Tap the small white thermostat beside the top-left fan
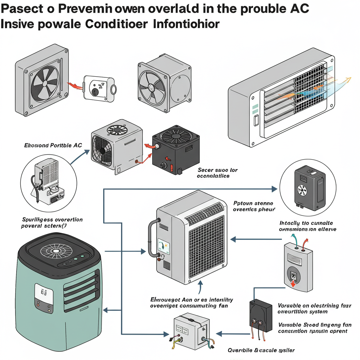98,86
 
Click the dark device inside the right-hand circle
310,186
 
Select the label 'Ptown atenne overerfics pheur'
253,206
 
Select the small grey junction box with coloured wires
192,332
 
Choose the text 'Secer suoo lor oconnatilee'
218,173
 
